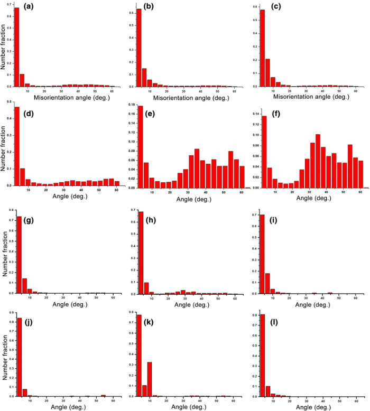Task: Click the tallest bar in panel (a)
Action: point(16,46)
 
